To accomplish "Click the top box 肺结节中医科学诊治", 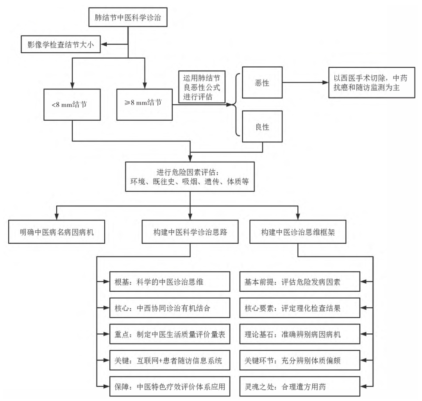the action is click(x=128, y=17).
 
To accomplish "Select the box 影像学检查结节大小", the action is click(x=61, y=44).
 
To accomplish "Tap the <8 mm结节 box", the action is click(x=72, y=105).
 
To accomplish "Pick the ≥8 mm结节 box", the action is click(x=145, y=105).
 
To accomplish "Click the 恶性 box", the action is click(x=263, y=82).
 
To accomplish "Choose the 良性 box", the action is click(x=263, y=127).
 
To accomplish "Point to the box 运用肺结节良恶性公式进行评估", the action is click(x=202, y=87).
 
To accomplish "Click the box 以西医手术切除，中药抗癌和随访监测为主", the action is click(x=372, y=82).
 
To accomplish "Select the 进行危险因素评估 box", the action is click(x=190, y=177).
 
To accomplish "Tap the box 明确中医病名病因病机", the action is click(x=57, y=232).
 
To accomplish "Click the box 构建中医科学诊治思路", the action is click(x=190, y=232).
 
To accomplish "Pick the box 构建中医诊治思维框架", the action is click(x=298, y=232).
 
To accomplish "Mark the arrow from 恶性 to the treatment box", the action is click(x=306, y=82).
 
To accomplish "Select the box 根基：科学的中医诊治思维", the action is click(x=170, y=282).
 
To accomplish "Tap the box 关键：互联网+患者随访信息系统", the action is click(x=170, y=360).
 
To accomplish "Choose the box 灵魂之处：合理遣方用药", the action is click(x=300, y=387).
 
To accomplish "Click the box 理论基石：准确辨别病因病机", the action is click(x=300, y=334).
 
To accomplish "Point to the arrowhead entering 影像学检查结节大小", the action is click(x=104, y=44).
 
